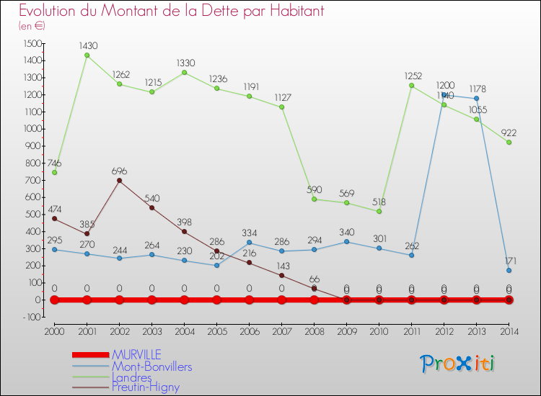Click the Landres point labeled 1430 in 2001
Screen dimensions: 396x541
(x=87, y=55)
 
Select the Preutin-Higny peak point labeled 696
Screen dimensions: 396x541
(x=119, y=181)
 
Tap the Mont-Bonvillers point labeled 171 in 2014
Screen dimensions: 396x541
(x=509, y=271)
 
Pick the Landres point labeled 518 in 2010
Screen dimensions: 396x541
(x=379, y=211)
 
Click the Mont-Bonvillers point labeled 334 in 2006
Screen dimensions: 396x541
(x=249, y=243)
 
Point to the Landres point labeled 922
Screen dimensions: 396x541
(x=509, y=142)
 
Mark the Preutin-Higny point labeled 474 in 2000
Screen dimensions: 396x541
(x=54, y=218)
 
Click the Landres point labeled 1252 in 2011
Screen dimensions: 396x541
(x=411, y=86)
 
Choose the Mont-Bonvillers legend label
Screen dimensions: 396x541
(x=151, y=366)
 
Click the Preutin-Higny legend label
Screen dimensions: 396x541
(x=145, y=387)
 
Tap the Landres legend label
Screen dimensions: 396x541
(x=131, y=377)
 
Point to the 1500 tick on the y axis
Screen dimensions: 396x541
(x=32, y=43)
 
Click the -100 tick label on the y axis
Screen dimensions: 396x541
(x=31, y=317)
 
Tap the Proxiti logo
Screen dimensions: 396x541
(x=457, y=364)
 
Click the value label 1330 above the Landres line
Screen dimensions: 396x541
(x=184, y=63)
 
